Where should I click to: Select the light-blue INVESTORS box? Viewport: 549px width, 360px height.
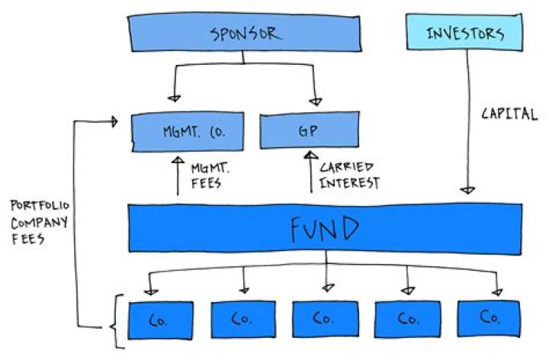[x=463, y=34]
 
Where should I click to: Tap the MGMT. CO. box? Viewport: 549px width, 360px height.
[x=188, y=131]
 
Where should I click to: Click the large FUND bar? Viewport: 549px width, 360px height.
[x=326, y=227]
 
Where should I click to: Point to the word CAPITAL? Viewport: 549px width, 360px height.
[x=510, y=116]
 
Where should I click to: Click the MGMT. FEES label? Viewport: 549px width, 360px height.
[x=207, y=174]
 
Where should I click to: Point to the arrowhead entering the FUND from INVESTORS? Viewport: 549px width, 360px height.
[x=468, y=189]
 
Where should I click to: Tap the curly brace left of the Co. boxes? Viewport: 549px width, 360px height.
[x=116, y=321]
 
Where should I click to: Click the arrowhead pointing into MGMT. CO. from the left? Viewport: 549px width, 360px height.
[x=114, y=120]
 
